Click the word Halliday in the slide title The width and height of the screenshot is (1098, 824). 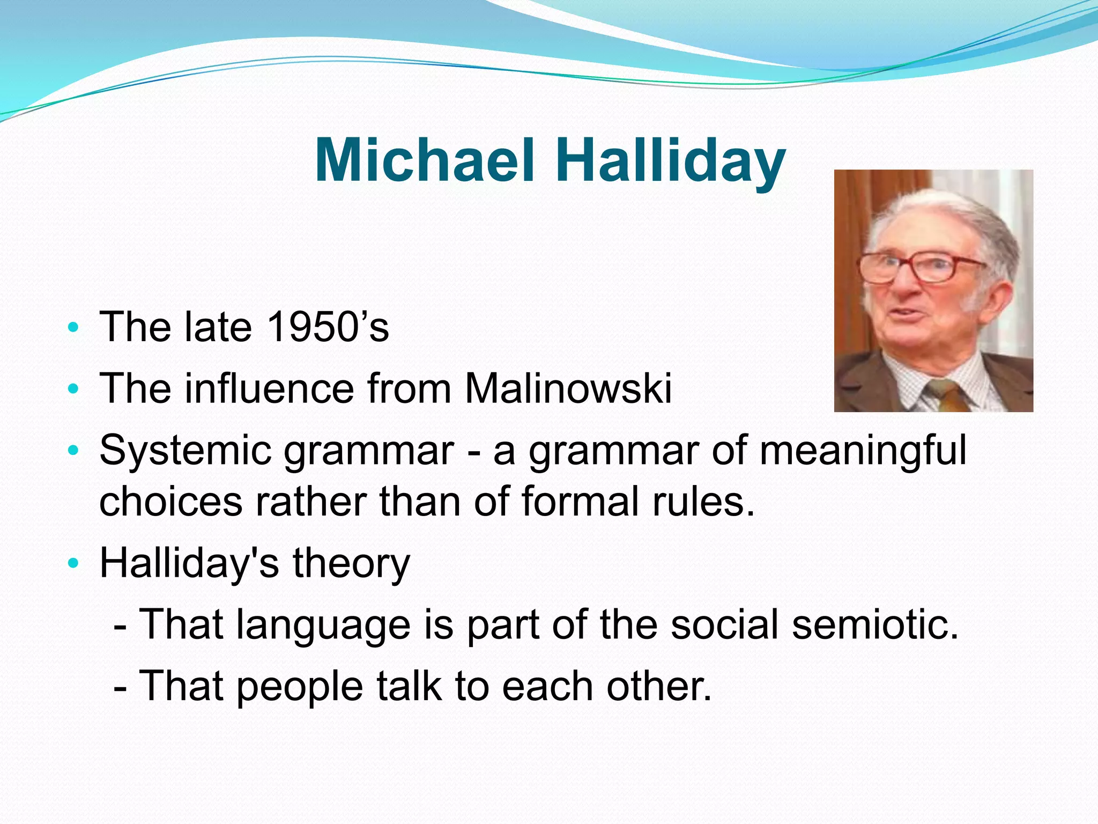670,160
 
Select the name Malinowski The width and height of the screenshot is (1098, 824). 568,388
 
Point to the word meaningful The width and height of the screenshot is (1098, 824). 863,451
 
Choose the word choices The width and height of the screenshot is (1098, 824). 170,502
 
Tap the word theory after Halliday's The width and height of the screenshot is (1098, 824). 351,563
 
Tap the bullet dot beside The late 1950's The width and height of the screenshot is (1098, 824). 73,327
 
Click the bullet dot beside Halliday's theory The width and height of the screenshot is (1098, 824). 73,563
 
